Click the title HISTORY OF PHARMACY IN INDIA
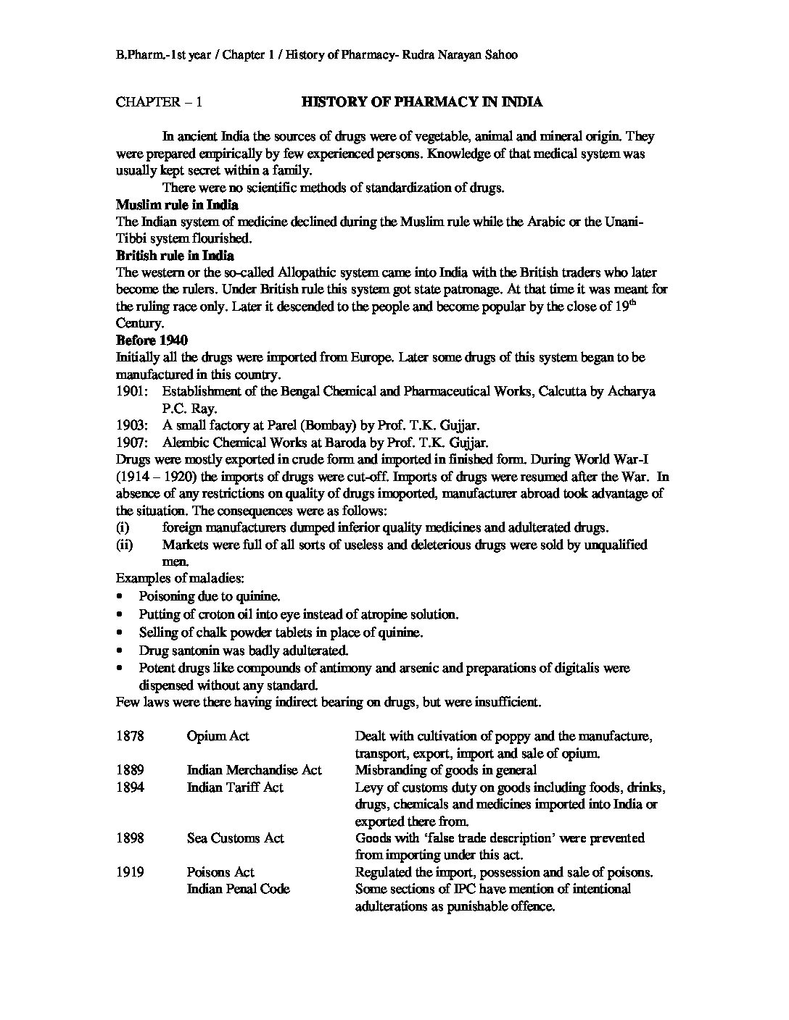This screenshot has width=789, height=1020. [421, 102]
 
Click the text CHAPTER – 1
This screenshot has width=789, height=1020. [159, 102]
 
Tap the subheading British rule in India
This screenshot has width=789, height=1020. [175, 256]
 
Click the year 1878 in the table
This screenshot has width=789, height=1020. [130, 736]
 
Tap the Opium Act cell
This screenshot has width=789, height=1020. [218, 736]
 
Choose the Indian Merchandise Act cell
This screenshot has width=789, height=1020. [254, 770]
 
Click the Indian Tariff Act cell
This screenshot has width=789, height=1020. [235, 787]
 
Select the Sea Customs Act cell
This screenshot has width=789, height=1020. [235, 838]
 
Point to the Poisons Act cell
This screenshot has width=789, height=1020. [220, 872]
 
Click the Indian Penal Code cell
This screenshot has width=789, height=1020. [238, 889]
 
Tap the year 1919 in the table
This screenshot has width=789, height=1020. [130, 872]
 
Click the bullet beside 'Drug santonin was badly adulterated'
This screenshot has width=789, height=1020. [120, 651]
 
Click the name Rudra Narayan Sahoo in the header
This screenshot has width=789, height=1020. [458, 55]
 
